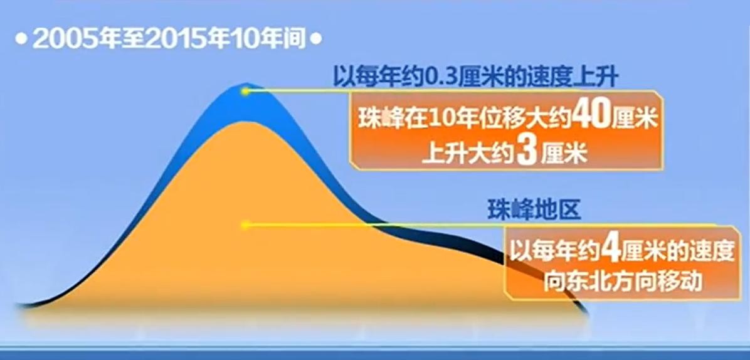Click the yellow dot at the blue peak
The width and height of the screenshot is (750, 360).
[245, 91]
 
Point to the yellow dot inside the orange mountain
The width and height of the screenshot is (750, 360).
[245, 225]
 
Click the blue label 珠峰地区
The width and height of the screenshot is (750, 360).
[534, 210]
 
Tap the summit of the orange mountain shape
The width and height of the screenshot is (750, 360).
[245, 122]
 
